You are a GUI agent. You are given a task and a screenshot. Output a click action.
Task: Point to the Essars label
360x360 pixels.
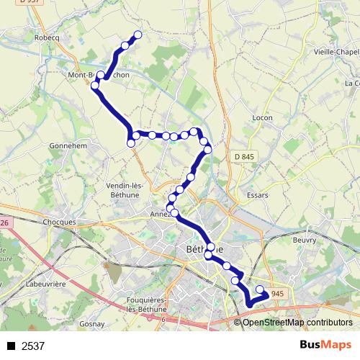[x=257, y=194]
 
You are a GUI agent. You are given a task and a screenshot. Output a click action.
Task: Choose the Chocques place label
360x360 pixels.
[x=60, y=222]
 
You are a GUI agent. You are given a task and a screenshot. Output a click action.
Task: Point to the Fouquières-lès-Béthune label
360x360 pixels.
[x=148, y=303]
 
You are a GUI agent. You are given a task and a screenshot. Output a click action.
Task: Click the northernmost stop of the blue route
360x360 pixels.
[x=138, y=35]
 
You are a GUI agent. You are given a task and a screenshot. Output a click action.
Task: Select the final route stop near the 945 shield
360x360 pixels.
[x=260, y=289]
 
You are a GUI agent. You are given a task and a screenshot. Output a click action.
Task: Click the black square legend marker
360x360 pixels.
[x=11, y=346]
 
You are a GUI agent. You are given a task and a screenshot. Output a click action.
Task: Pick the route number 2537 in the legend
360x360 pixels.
[x=33, y=346]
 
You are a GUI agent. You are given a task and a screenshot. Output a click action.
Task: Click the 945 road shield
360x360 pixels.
[x=279, y=294]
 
